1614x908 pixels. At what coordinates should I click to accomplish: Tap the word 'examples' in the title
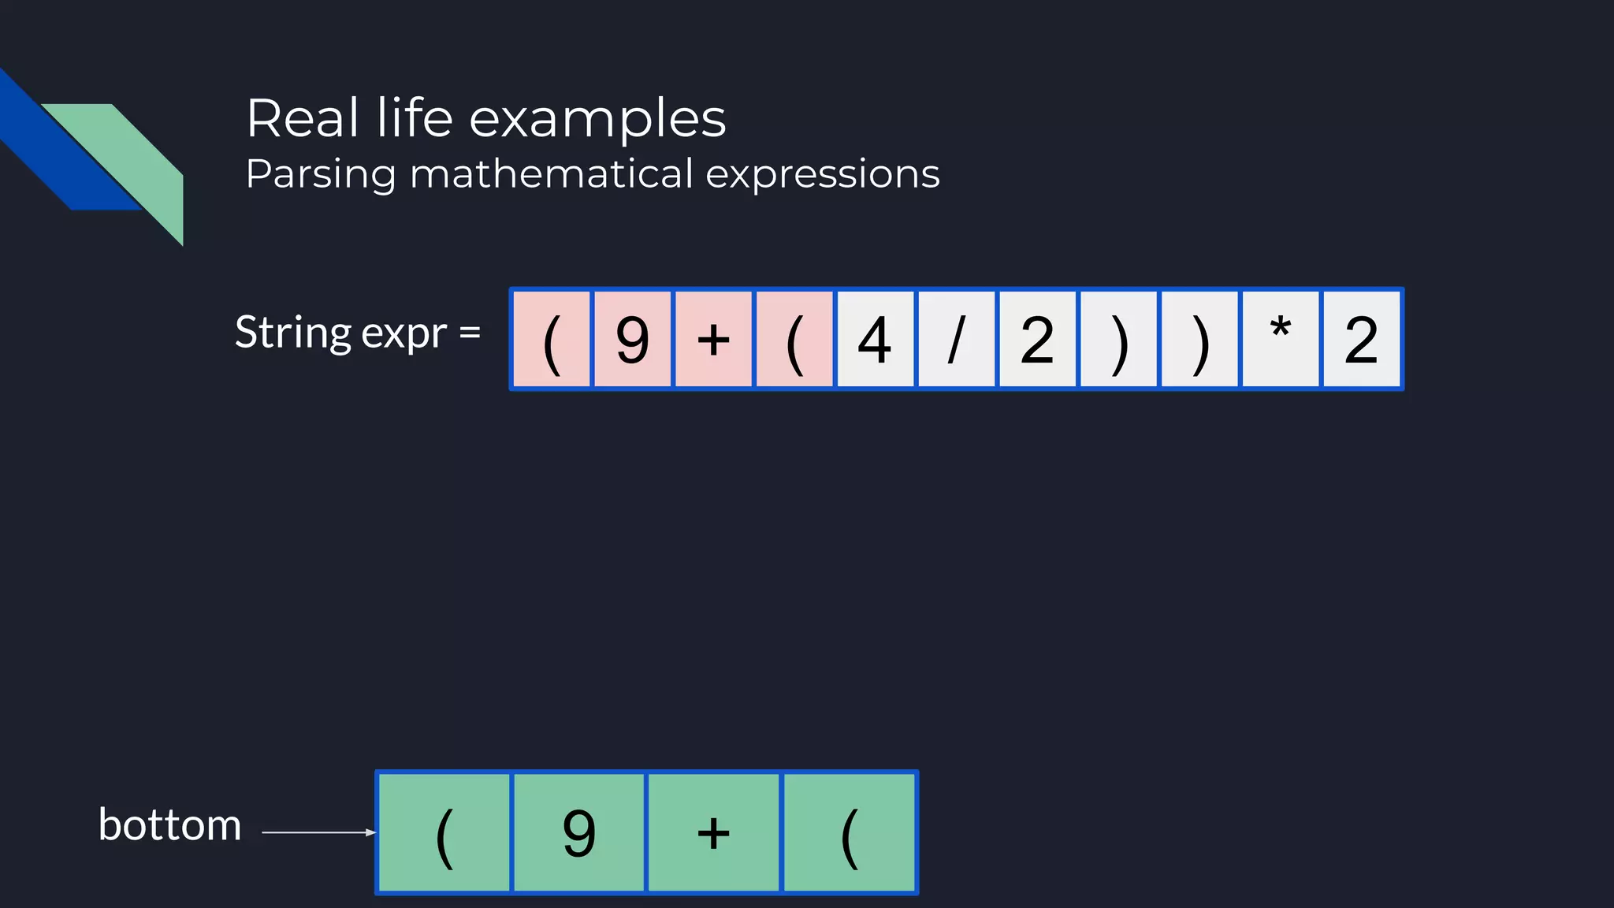pyautogui.click(x=597, y=120)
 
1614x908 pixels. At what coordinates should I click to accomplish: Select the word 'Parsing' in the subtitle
pyautogui.click(x=320, y=174)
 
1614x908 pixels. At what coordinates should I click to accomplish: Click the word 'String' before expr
pyautogui.click(x=292, y=333)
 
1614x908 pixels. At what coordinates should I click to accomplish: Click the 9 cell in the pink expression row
pyautogui.click(x=632, y=340)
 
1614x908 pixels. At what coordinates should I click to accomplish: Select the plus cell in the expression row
pyautogui.click(x=713, y=340)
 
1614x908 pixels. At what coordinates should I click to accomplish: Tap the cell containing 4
pyautogui.click(x=875, y=340)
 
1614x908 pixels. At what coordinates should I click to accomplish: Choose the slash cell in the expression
pyautogui.click(x=956, y=340)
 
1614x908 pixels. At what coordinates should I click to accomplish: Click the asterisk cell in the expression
pyautogui.click(x=1280, y=340)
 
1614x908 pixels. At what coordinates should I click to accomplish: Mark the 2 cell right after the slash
pyautogui.click(x=1037, y=340)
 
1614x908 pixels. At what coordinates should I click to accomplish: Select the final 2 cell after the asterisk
pyautogui.click(x=1361, y=340)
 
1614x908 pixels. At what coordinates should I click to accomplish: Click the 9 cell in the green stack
pyautogui.click(x=579, y=832)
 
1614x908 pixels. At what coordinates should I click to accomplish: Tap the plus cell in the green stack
pyautogui.click(x=713, y=832)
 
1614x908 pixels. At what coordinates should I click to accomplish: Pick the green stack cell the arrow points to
pyautogui.click(x=444, y=832)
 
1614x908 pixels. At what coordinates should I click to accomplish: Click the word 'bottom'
pyautogui.click(x=169, y=825)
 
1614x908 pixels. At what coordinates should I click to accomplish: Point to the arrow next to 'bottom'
pyautogui.click(x=318, y=832)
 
